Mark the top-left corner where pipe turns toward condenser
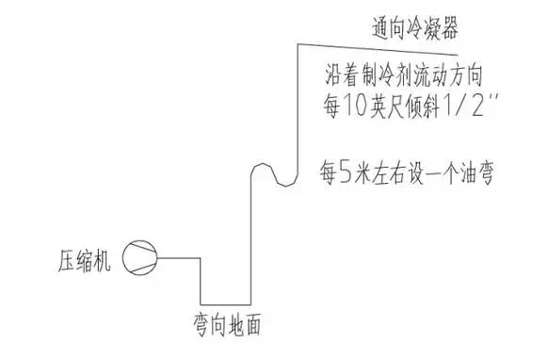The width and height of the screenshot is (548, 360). (x=297, y=46)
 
